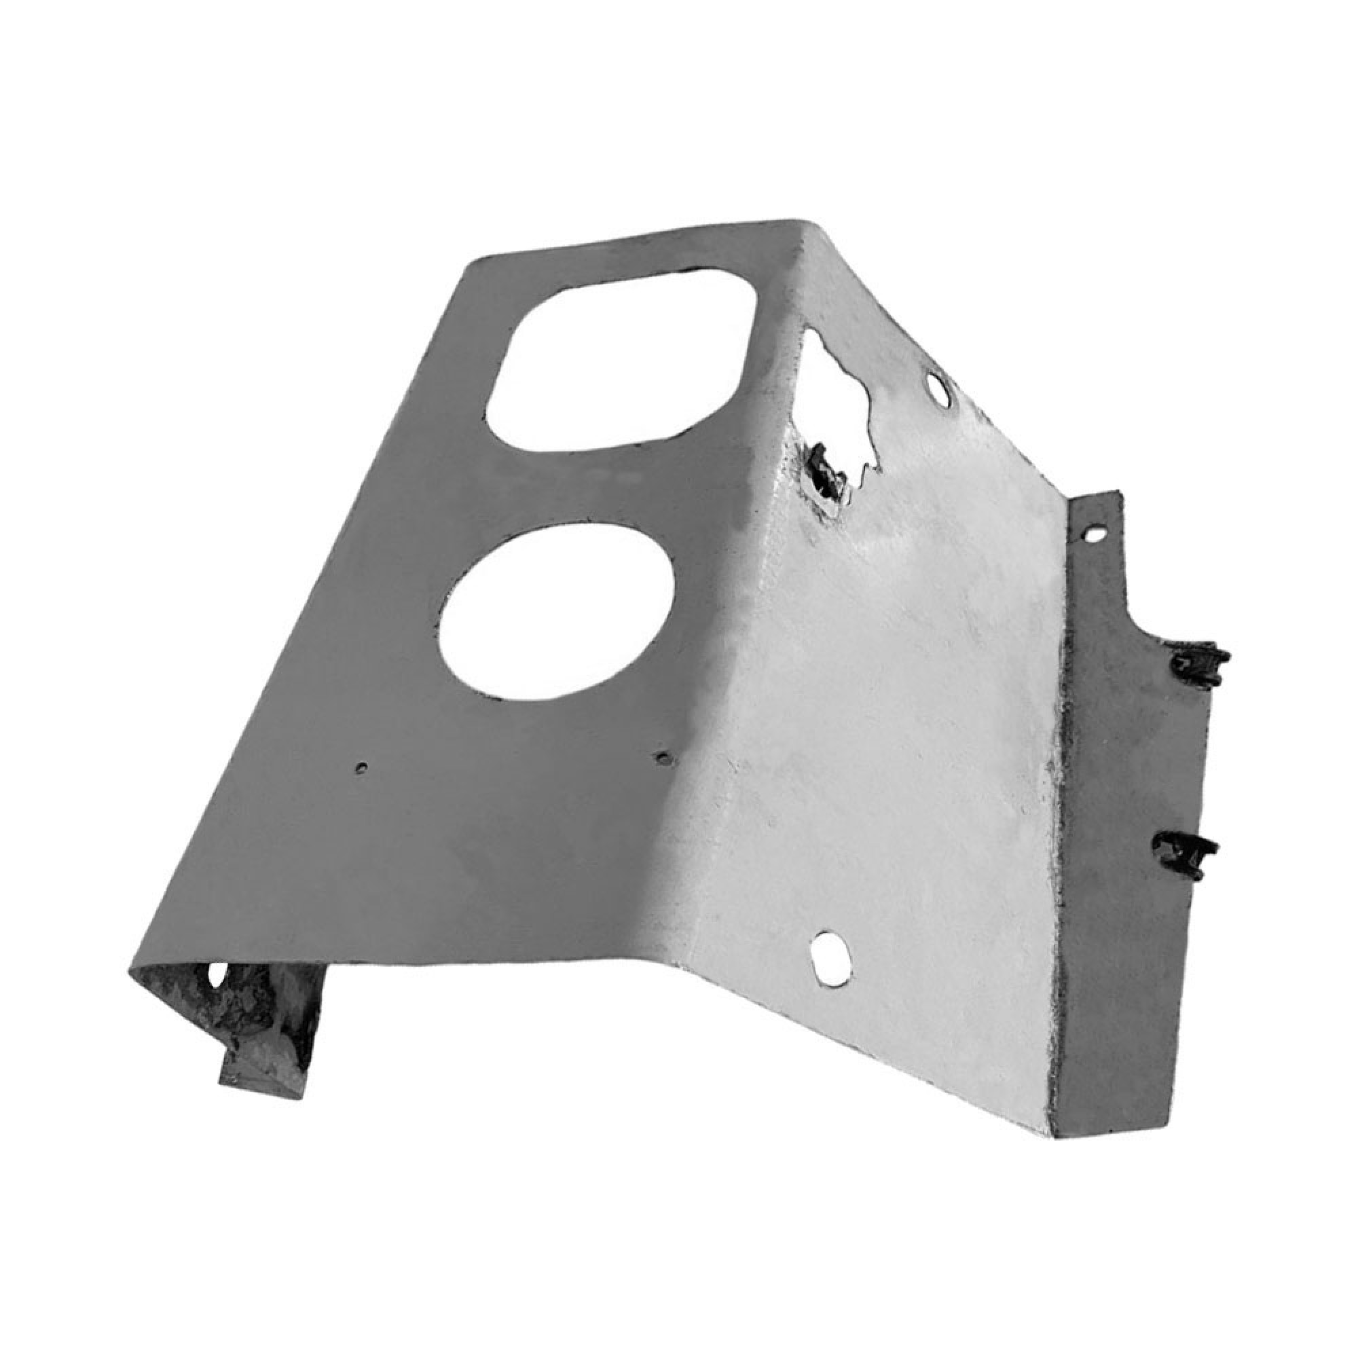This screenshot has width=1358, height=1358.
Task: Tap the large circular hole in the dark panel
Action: click(555, 612)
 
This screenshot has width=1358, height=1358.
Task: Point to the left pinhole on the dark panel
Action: click(361, 768)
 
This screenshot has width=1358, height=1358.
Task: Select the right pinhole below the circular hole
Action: click(662, 758)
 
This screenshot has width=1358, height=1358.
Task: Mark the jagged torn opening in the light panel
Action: click(840, 401)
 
